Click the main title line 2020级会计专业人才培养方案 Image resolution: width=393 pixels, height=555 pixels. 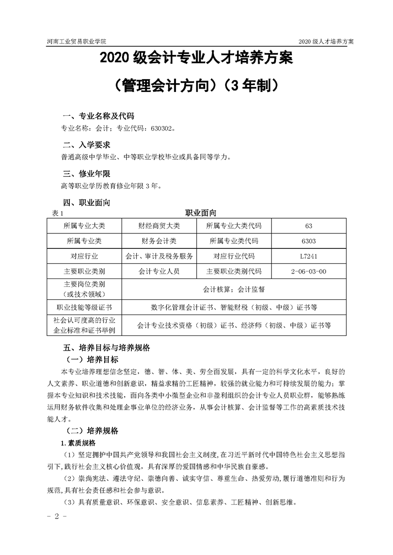click(196, 59)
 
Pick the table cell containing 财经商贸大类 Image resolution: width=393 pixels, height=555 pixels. click(159, 226)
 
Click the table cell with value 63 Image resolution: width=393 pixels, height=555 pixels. click(309, 226)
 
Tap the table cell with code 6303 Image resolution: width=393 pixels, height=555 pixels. click(309, 241)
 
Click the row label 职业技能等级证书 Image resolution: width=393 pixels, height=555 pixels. click(84, 307)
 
